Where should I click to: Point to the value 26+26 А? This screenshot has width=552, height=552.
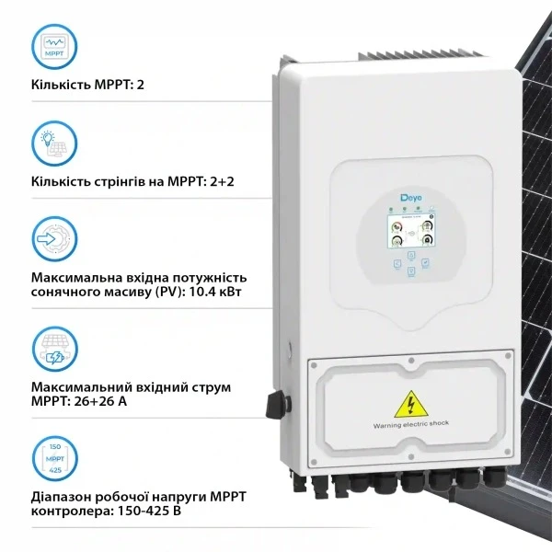pyautogui.click(x=100, y=402)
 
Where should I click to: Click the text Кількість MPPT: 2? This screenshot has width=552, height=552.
pyautogui.click(x=87, y=86)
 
